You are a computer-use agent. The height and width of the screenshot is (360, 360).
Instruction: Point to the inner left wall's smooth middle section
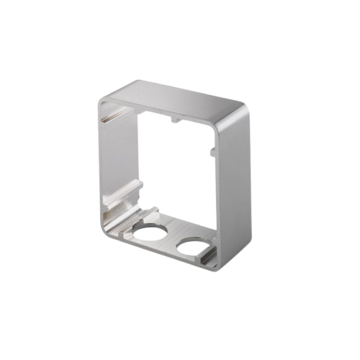coord(115,158)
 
